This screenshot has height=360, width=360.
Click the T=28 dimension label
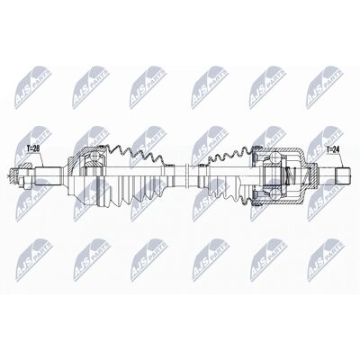pyautogui.click(x=33, y=148)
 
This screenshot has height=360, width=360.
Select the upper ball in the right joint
pyautogui.click(x=275, y=157)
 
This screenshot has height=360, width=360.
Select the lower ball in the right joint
pyautogui.click(x=274, y=194)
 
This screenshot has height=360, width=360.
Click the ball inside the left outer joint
pyautogui.click(x=95, y=157)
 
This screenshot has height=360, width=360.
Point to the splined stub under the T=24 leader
pyautogui.click(x=343, y=176)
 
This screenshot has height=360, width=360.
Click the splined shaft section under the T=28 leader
pyautogui.click(x=48, y=176)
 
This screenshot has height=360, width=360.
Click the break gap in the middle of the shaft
pyautogui.click(x=187, y=176)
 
